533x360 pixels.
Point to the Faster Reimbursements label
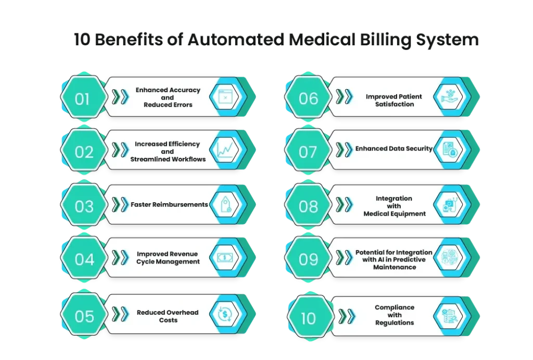tap(169, 205)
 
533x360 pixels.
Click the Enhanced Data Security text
tap(394, 148)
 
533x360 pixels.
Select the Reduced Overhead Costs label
tap(168, 316)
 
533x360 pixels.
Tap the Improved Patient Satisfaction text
tap(394, 101)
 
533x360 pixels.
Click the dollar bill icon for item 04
tap(225, 257)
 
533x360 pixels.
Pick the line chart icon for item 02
tap(225, 150)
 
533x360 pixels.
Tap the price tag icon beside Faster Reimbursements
tap(225, 204)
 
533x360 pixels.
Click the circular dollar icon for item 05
tap(225, 314)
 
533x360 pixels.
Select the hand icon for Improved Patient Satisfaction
tap(449, 96)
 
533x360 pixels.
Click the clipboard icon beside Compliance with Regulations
tap(450, 316)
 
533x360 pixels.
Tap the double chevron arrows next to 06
tap(345, 96)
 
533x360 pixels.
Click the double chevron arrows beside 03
tap(120, 205)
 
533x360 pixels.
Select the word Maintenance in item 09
tap(395, 267)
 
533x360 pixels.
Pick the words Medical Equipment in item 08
tap(395, 214)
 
